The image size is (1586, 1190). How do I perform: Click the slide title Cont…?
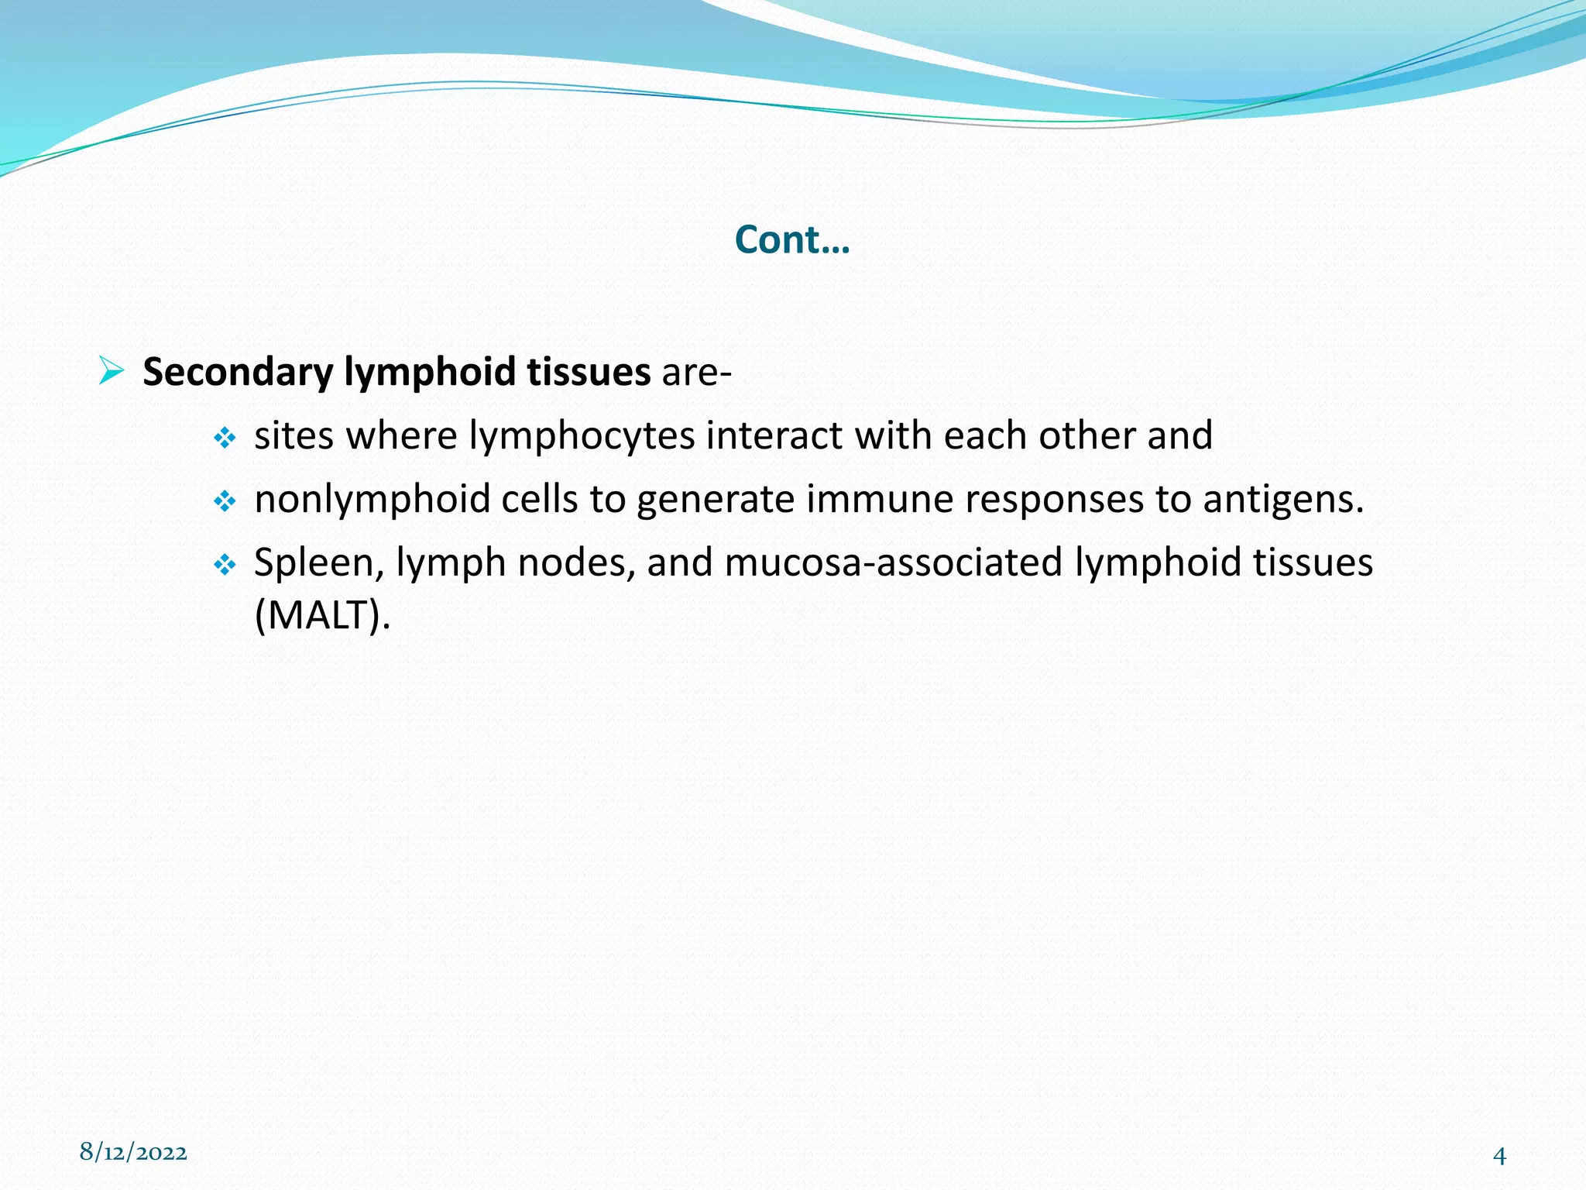[x=792, y=239]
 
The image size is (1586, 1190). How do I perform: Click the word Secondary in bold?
[x=238, y=372]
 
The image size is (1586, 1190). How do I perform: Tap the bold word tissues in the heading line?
[x=589, y=372]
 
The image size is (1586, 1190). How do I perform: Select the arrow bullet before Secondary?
[x=112, y=371]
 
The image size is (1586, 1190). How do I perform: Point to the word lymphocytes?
[x=582, y=436]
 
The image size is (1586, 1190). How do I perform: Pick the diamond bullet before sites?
[x=225, y=439]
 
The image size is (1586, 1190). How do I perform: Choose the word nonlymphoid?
[x=372, y=499]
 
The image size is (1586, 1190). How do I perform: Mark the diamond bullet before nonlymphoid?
[x=225, y=502]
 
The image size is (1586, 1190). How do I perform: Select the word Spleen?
[x=319, y=563]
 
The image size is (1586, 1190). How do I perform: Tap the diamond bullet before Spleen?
[x=225, y=566]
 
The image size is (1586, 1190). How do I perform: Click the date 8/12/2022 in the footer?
[x=133, y=1152]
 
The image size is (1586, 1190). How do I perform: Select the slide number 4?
[x=1499, y=1156]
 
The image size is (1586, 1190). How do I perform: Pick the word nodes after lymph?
[x=577, y=563]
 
